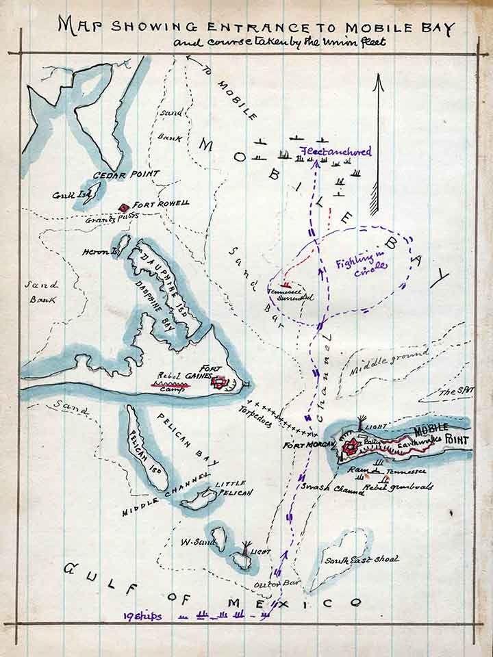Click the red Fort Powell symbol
pos(124,207)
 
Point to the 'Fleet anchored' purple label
pos(336,152)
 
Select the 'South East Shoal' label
pos(362,560)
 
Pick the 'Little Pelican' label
pos(233,487)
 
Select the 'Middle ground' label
pos(388,361)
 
